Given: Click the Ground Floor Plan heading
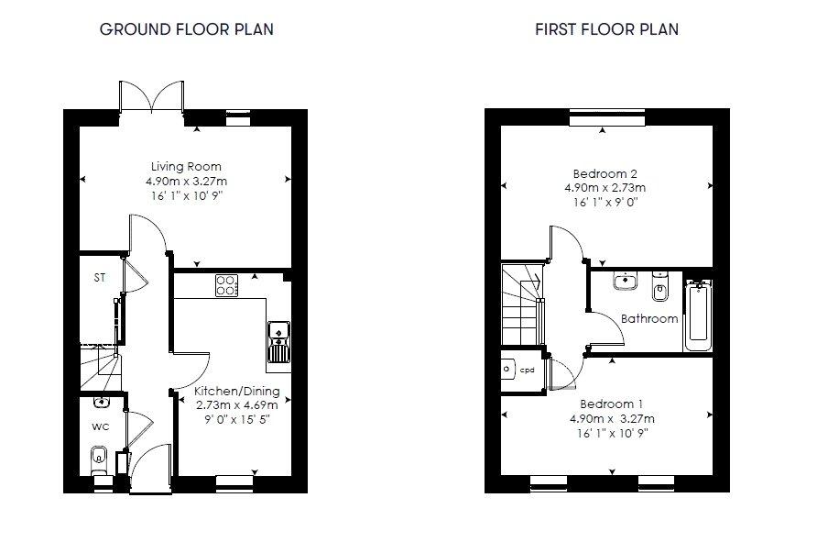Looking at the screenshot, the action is point(187,29).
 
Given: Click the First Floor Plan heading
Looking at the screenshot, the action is point(607,29).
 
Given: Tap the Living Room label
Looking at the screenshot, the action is point(186,166).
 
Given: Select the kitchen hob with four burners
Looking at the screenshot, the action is point(226,285).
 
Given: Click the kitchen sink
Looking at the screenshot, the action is point(279,342).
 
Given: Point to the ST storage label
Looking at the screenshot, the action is point(100,278).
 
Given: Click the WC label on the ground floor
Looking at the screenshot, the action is point(101,426).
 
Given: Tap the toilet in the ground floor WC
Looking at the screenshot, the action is point(99,460).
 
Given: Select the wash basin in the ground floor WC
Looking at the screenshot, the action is point(101,403).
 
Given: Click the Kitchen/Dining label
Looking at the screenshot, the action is point(237,392).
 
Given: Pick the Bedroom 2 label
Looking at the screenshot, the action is point(605,173).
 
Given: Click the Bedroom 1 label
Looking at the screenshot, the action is point(611,404).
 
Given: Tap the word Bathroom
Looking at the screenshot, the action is point(649,319).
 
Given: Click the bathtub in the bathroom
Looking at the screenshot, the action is point(698,315).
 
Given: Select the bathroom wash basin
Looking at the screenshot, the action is point(625,280).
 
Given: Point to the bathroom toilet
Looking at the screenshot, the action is point(659,286).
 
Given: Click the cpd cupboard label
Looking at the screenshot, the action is point(528,371).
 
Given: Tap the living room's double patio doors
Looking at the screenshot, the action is point(152,96).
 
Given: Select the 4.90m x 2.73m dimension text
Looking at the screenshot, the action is point(605,188).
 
